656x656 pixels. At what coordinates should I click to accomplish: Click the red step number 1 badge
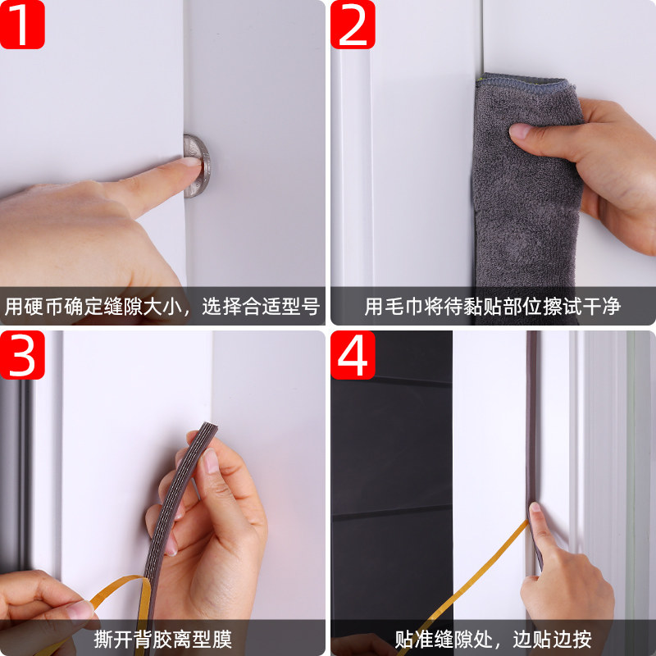(x=22, y=25)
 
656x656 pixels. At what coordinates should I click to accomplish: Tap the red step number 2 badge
(x=353, y=25)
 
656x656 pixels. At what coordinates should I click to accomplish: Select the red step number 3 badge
(x=22, y=355)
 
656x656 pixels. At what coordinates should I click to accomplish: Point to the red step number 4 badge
(x=353, y=355)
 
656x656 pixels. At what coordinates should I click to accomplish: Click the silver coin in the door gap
(x=198, y=166)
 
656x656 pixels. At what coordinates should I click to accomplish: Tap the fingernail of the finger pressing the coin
(x=191, y=161)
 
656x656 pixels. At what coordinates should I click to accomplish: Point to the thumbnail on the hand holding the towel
(x=520, y=130)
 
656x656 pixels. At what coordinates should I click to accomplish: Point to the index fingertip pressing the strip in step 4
(x=535, y=508)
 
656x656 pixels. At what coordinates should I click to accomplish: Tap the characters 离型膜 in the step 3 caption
(x=203, y=640)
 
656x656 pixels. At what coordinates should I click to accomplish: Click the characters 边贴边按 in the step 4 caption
(x=552, y=640)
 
